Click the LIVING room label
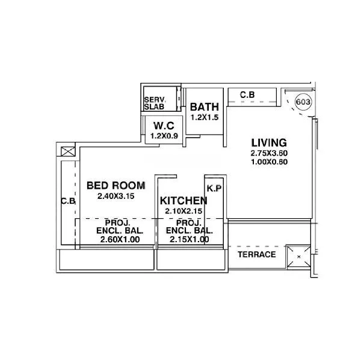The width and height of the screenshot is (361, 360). click(268, 142)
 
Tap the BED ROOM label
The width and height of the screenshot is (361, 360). click(116, 185)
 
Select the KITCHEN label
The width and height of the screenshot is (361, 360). click(184, 200)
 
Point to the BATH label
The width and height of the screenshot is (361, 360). click(205, 107)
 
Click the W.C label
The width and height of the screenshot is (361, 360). click(164, 126)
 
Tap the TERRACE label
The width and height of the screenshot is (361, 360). click(256, 254)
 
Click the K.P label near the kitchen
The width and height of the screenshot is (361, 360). click(214, 189)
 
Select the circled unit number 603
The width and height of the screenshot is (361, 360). click(303, 102)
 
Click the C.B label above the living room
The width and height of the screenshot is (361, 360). click(247, 95)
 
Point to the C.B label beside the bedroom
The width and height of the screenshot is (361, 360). click(68, 202)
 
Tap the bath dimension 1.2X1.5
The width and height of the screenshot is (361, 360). click(205, 117)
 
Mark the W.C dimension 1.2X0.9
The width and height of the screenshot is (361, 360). click(164, 136)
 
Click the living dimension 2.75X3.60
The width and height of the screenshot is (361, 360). click(268, 153)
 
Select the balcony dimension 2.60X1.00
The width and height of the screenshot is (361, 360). click(120, 240)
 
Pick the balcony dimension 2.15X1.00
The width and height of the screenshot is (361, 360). click(188, 240)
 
